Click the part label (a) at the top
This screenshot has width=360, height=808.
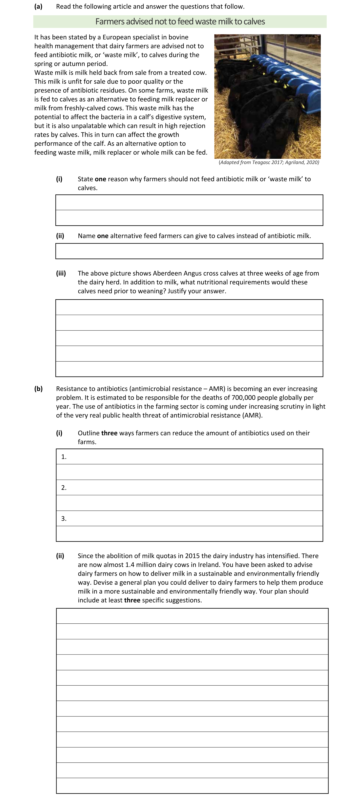[38, 7]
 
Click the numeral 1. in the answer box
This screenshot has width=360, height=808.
[64, 457]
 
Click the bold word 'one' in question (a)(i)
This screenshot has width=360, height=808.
[100, 179]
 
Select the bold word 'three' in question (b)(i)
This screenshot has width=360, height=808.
[109, 433]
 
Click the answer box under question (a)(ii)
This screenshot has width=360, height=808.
[189, 251]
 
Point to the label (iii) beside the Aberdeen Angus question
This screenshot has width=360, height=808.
[61, 273]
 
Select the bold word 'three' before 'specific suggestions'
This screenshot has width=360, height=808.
[132, 600]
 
